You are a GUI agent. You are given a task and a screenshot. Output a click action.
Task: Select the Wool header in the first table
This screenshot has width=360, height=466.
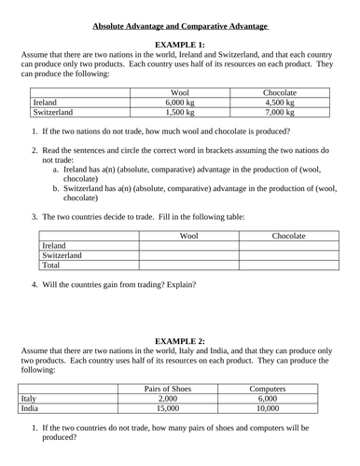point(180,91)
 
